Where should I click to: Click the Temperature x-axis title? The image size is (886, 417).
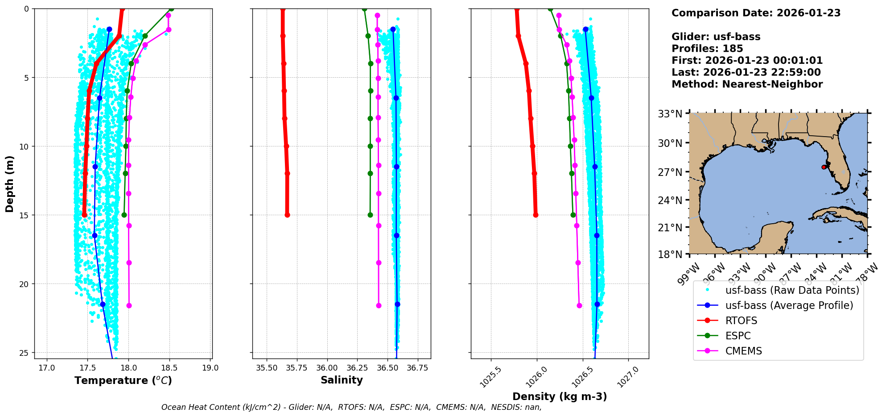tap(123, 380)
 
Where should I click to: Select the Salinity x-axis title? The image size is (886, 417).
tap(342, 380)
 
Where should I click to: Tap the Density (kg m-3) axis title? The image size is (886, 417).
tap(560, 396)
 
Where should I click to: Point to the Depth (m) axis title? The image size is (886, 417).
tap(10, 184)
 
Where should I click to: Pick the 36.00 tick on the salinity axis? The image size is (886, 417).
tap(327, 368)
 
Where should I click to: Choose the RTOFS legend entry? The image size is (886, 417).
tap(741, 321)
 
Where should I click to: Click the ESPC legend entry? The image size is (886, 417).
tap(738, 336)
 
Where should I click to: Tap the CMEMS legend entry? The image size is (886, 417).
tap(743, 351)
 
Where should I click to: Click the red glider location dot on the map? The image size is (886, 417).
tap(824, 167)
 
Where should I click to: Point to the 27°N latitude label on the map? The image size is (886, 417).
tap(670, 172)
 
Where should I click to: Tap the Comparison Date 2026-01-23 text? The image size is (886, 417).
tap(756, 13)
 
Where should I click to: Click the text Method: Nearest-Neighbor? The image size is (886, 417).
tap(747, 84)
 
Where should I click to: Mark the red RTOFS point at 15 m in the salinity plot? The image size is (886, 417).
tap(287, 215)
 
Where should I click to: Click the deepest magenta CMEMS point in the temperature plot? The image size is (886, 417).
tap(129, 306)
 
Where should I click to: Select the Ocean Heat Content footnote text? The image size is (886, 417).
tap(351, 407)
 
